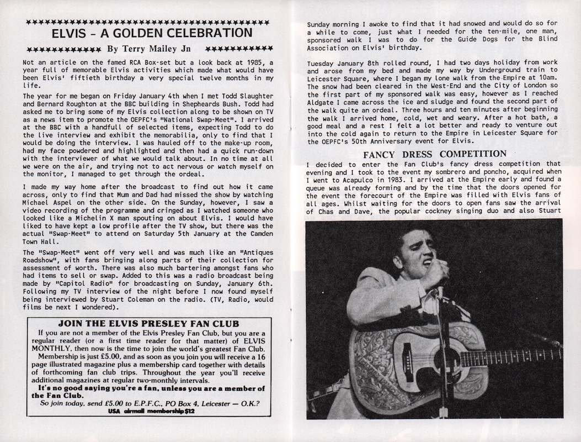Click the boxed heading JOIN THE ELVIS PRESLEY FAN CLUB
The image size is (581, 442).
point(146,323)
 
